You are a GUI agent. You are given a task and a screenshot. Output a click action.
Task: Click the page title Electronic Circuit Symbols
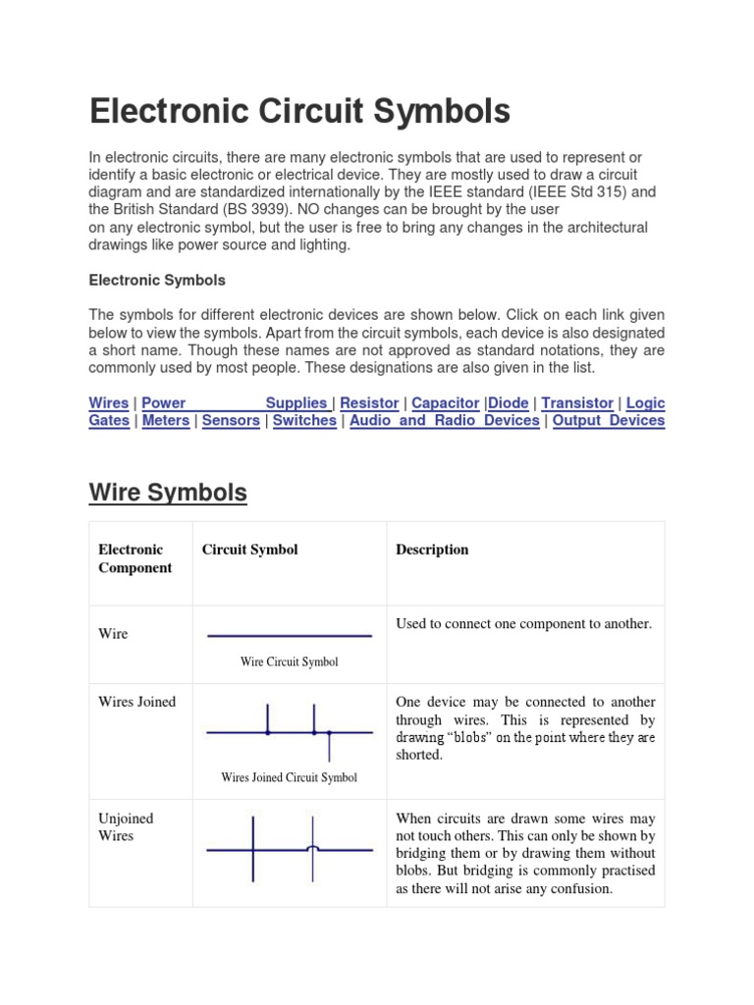pos(299,111)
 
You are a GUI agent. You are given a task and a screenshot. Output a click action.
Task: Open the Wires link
pos(109,403)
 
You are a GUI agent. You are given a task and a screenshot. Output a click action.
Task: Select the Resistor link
pos(369,403)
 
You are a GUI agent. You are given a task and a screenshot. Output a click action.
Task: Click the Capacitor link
pos(446,403)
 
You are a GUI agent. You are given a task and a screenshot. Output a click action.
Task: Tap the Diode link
pos(509,403)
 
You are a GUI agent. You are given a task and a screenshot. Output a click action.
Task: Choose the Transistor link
pos(577,403)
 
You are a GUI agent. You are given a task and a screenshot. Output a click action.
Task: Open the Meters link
pos(166,421)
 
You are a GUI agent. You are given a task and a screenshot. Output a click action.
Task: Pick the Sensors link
pos(231,421)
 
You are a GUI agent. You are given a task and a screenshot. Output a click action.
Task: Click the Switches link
pos(304,421)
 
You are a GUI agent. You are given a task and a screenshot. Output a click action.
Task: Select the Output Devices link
pos(609,421)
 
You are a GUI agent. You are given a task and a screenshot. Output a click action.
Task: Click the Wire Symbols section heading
pos(168,492)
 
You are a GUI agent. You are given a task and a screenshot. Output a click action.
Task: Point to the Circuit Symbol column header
pos(249,550)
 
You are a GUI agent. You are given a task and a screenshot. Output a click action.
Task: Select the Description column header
pos(432,550)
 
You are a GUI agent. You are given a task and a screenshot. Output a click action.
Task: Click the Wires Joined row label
pos(137,702)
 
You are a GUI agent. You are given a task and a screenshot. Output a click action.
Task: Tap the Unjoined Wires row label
pos(126,827)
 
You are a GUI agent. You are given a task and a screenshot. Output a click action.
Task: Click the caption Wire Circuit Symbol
pos(289,662)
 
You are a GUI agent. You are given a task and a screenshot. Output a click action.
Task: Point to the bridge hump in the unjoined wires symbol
pos(313,847)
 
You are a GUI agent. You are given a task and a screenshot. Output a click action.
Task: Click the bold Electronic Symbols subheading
pos(157,281)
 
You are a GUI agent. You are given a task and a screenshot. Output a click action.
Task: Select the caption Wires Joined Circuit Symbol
pos(289,777)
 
